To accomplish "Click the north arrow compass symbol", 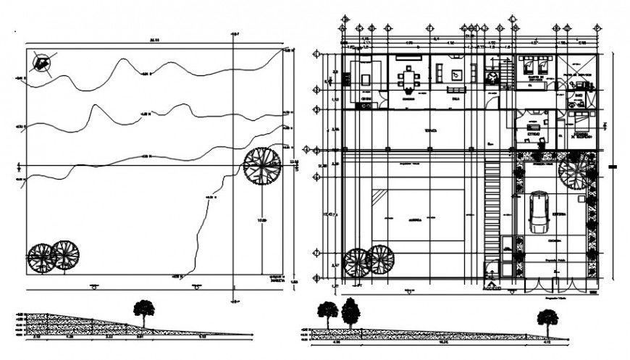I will pyautogui.click(x=41, y=64).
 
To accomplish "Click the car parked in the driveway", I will pyautogui.click(x=538, y=212).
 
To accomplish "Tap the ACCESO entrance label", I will pyautogui.click(x=492, y=289).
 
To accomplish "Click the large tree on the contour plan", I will pyautogui.click(x=262, y=166).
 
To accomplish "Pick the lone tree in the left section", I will pyautogui.click(x=144, y=312).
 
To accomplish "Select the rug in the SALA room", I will pyautogui.click(x=456, y=74).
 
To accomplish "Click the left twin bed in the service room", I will pyautogui.click(x=527, y=62).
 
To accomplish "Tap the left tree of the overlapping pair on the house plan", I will pyautogui.click(x=357, y=261).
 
